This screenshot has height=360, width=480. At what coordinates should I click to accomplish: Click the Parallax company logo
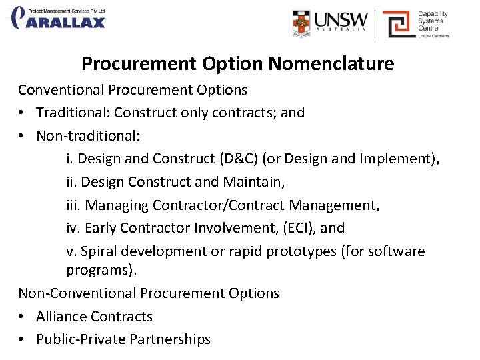(x=59, y=18)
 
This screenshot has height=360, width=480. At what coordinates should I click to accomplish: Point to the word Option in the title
(x=231, y=64)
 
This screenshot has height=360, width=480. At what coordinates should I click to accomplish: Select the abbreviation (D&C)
(x=237, y=159)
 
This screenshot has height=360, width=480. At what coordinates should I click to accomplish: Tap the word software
(x=399, y=251)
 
